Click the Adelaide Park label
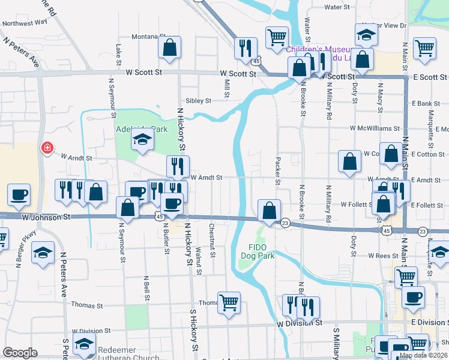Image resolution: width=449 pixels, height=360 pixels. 133,128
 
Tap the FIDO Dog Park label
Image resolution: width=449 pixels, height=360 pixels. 258,251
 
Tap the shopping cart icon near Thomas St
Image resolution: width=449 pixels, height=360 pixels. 229,303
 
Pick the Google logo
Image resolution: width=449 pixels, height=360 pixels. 20,353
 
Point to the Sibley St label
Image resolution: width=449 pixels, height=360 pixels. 199,101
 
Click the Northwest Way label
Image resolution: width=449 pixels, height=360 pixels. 25,22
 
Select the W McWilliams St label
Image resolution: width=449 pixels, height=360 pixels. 371,128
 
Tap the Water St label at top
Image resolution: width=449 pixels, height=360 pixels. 337,7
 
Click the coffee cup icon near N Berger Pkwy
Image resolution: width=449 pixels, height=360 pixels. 19,194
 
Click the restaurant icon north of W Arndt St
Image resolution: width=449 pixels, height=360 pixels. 178,166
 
